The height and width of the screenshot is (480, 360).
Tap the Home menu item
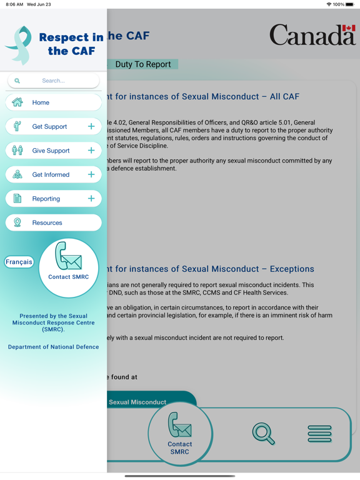tap(53, 102)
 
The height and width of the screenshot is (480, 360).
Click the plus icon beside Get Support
tap(91, 126)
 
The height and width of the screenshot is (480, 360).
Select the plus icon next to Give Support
tap(91, 151)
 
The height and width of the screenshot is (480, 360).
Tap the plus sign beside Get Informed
tap(91, 174)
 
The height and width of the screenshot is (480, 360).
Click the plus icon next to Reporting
tap(91, 199)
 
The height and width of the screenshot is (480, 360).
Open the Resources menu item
tap(53, 222)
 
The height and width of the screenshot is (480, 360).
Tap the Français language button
tap(19, 262)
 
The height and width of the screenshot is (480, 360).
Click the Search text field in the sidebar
tap(54, 81)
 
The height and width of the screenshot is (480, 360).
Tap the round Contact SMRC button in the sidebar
tap(68, 267)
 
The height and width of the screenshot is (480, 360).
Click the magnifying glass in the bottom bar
tap(263, 433)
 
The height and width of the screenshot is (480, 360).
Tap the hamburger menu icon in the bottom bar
tap(319, 433)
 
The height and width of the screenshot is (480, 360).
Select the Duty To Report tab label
tap(143, 64)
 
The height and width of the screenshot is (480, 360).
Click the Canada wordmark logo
tap(312, 35)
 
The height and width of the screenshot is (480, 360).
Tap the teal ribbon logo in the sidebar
tap(19, 45)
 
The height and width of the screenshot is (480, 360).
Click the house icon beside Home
tap(17, 102)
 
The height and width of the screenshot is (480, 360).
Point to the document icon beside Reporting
tap(17, 199)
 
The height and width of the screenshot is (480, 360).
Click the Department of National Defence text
tap(53, 347)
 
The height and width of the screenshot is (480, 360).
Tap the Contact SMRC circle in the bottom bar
tap(180, 434)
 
